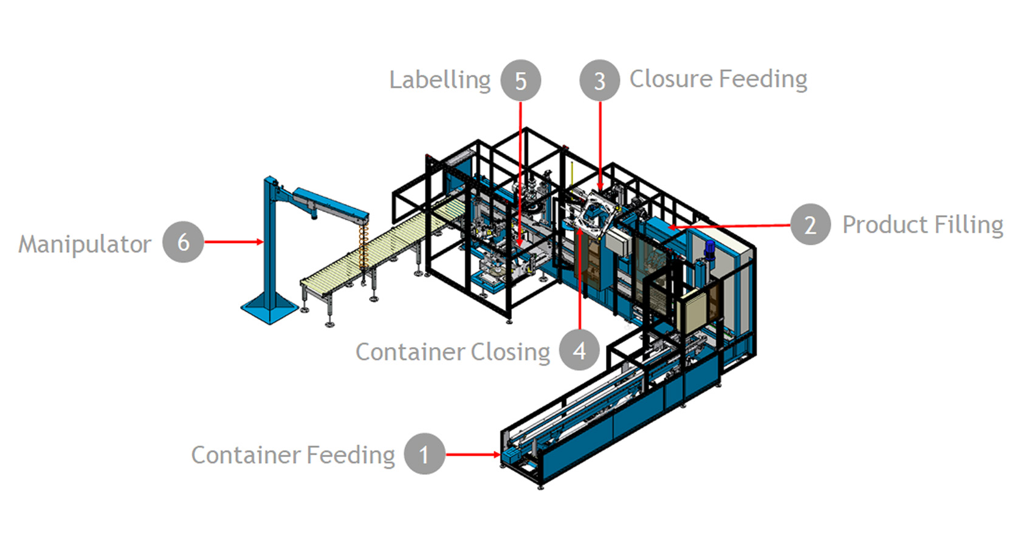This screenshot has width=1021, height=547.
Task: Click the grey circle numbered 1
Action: tap(424, 454)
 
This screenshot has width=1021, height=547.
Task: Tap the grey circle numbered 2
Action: tap(810, 224)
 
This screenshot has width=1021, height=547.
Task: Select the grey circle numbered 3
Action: tap(599, 80)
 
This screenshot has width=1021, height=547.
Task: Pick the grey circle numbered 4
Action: tap(579, 350)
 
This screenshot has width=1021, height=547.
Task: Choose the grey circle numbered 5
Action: tap(521, 80)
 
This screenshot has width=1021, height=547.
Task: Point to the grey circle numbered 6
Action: tap(183, 242)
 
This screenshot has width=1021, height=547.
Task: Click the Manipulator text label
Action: tap(84, 244)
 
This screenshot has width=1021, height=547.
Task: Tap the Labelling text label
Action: tap(440, 80)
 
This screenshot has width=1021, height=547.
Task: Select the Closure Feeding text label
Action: tap(718, 79)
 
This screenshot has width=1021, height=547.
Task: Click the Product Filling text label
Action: tap(923, 225)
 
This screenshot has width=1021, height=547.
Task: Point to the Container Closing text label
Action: tap(453, 352)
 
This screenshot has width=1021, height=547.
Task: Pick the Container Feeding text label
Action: tap(293, 455)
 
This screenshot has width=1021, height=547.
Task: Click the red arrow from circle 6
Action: tap(233, 242)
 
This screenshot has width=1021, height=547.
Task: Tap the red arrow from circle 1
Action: tap(473, 454)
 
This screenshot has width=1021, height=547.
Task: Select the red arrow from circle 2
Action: tap(729, 226)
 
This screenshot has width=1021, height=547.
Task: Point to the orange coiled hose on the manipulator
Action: tap(364, 243)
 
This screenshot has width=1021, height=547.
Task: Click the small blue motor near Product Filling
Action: tap(709, 250)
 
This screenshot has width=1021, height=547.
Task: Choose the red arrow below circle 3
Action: tap(600, 146)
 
